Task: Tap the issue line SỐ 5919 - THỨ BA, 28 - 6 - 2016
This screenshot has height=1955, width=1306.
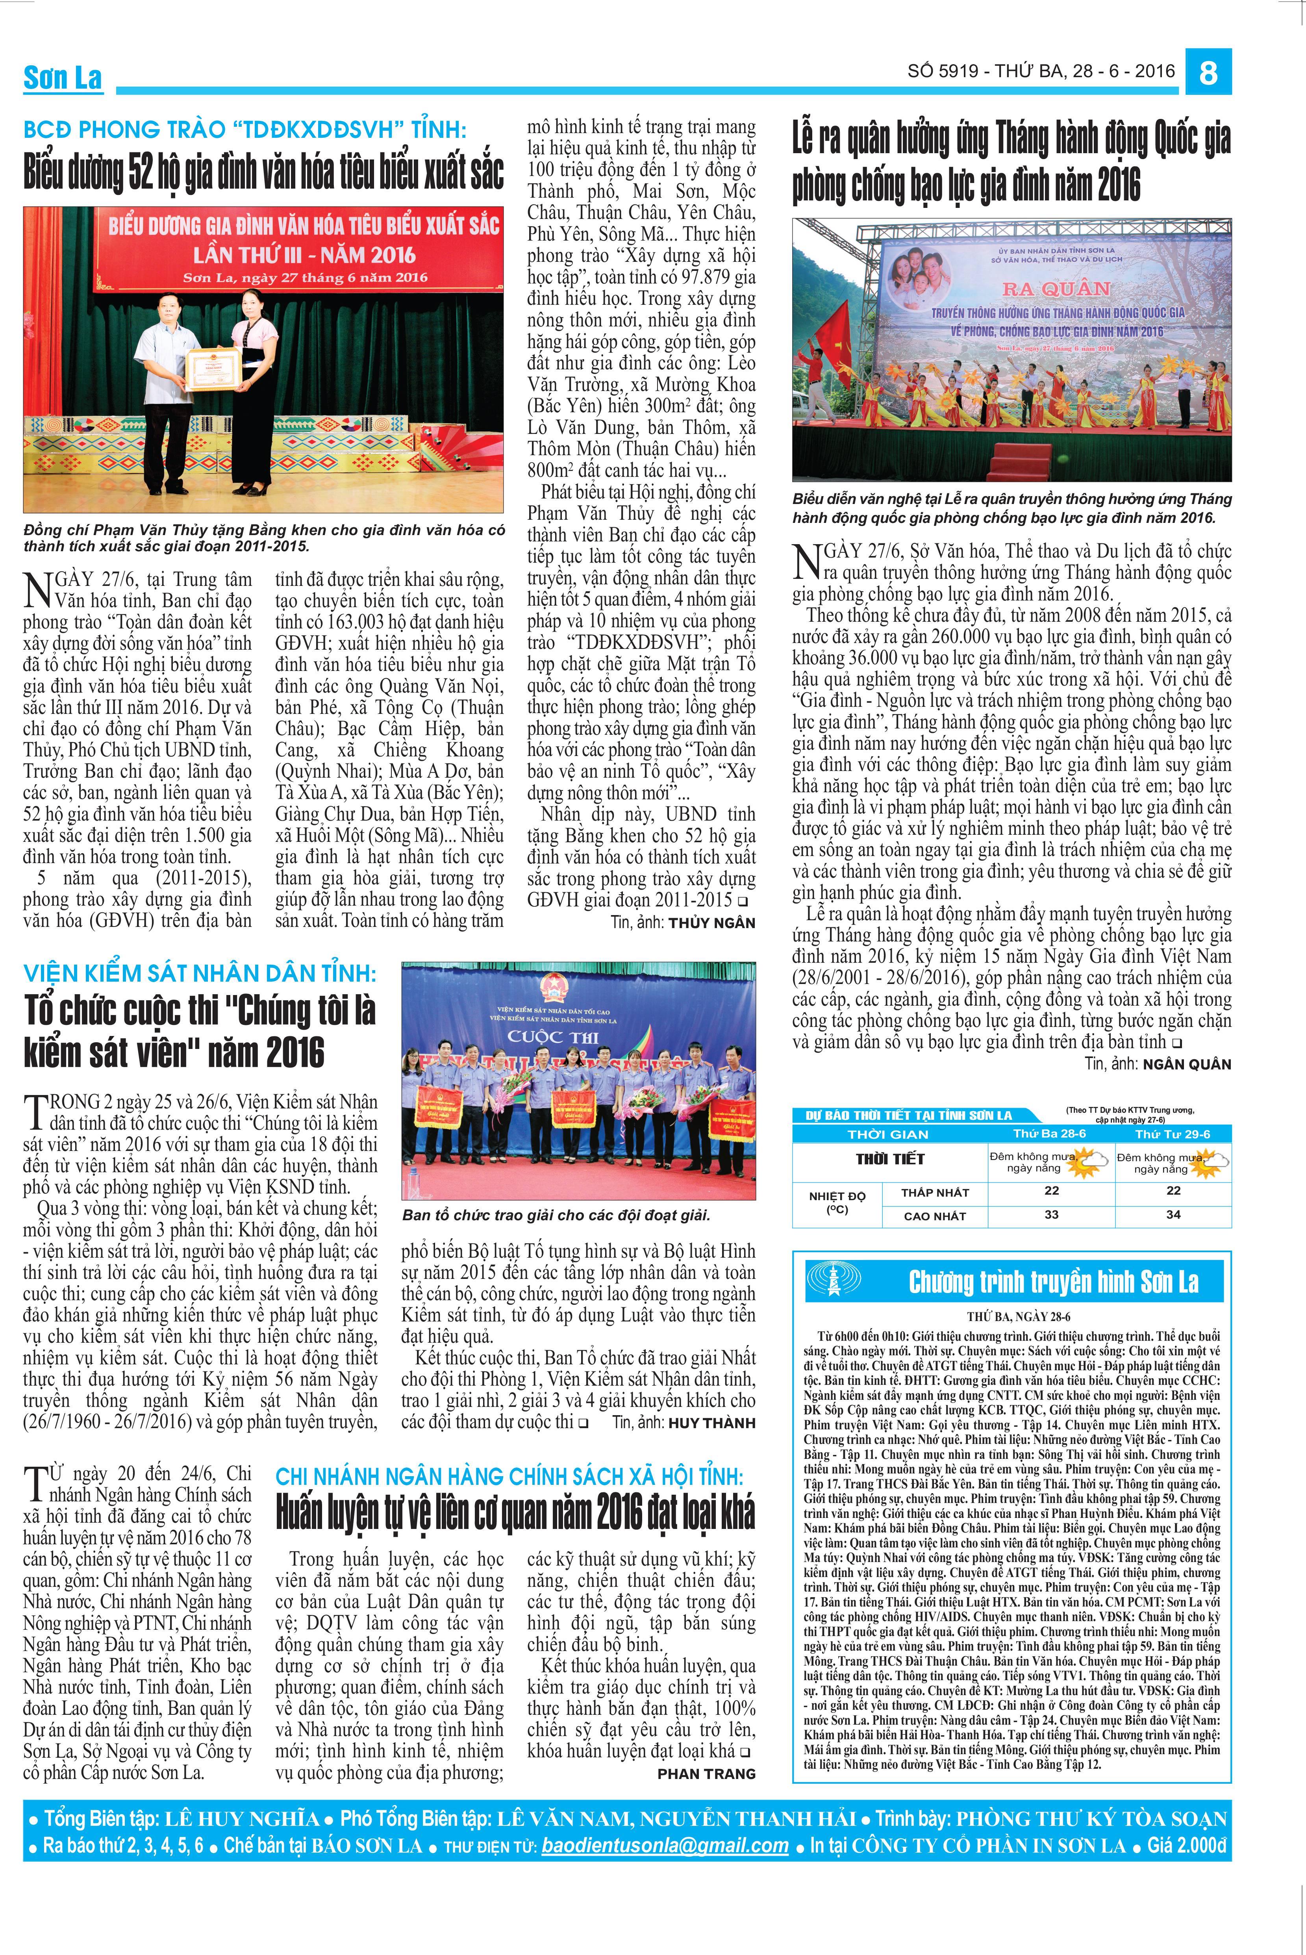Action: (x=1041, y=72)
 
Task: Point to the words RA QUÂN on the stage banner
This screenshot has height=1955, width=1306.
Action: (x=1056, y=289)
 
